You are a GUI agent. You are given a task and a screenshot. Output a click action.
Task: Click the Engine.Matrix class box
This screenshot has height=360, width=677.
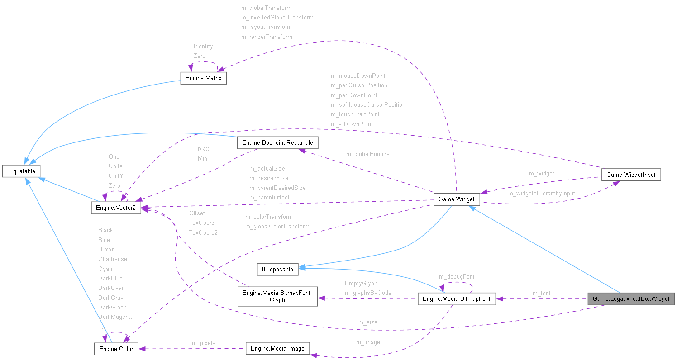pyautogui.click(x=203, y=78)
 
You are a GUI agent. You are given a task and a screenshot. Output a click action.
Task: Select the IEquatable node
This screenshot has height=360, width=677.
pyautogui.click(x=21, y=171)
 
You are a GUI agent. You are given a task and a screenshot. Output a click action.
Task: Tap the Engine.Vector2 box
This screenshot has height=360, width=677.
pyautogui.click(x=116, y=208)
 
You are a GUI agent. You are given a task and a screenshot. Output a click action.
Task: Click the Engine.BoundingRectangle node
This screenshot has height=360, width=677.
pyautogui.click(x=277, y=142)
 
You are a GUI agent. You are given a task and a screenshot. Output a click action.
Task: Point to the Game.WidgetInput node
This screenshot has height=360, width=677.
pyautogui.click(x=631, y=175)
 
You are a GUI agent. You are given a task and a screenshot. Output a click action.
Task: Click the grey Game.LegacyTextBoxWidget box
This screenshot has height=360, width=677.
pyautogui.click(x=631, y=298)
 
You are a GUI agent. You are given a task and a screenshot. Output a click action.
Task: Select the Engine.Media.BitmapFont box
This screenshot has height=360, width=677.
pyautogui.click(x=457, y=298)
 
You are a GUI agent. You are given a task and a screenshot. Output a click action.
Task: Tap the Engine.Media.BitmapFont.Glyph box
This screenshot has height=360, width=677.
pyautogui.click(x=277, y=296)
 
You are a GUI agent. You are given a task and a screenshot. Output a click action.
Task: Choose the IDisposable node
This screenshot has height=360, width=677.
pyautogui.click(x=277, y=269)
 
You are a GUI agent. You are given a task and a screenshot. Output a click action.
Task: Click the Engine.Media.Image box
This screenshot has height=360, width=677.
pyautogui.click(x=277, y=348)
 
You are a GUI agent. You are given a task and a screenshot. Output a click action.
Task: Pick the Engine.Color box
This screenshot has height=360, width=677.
pyautogui.click(x=116, y=349)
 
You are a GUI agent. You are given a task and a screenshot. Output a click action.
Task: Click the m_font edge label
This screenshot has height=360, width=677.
pyautogui.click(x=541, y=294)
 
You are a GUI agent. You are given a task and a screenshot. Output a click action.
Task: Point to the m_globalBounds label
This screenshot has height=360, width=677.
pyautogui.click(x=367, y=154)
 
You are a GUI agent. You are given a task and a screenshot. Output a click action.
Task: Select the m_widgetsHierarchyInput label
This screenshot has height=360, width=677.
pyautogui.click(x=541, y=194)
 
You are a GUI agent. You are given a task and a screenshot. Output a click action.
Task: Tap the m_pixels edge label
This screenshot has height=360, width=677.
pyautogui.click(x=204, y=343)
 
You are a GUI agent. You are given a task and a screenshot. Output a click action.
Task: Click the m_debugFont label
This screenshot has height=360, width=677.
pyautogui.click(x=457, y=276)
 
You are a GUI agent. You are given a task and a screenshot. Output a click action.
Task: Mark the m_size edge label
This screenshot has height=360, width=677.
pyautogui.click(x=367, y=322)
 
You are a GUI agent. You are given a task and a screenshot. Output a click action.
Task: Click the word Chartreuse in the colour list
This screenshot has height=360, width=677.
pyautogui.click(x=113, y=259)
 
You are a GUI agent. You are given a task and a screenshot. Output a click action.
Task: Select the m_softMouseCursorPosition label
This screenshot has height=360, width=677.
pyautogui.click(x=368, y=105)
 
